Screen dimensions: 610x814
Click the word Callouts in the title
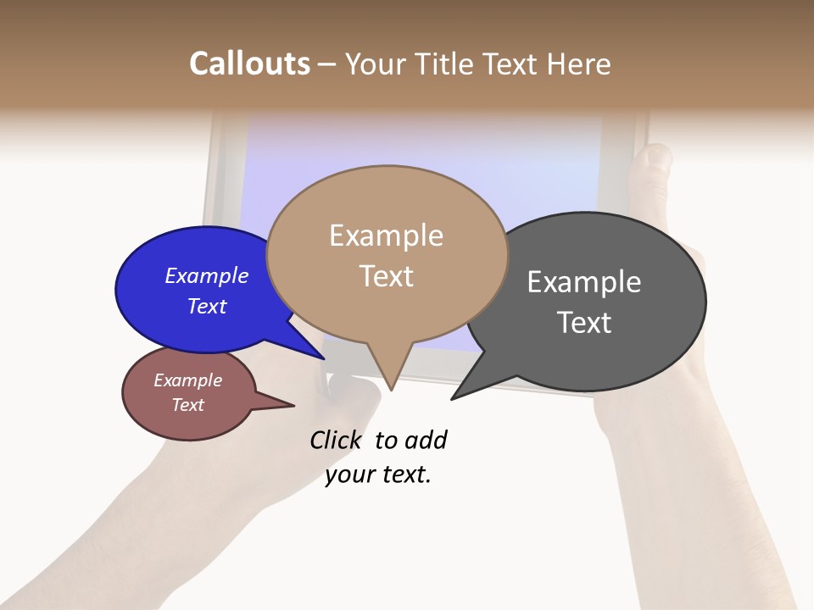pos(249,64)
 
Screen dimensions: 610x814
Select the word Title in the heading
pos(443,64)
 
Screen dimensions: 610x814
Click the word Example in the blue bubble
pos(207,275)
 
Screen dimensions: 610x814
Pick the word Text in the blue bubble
pos(207,306)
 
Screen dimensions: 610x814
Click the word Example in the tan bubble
pos(386,236)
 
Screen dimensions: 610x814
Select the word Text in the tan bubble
pos(386,276)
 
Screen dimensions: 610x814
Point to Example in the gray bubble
pos(584,281)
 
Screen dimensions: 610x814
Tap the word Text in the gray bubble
pos(584,323)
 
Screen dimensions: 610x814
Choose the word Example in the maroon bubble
pos(187,380)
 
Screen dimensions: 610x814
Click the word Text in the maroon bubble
pos(187,405)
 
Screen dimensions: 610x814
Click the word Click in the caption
pos(335,440)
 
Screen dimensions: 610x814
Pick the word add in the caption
pos(426,440)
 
